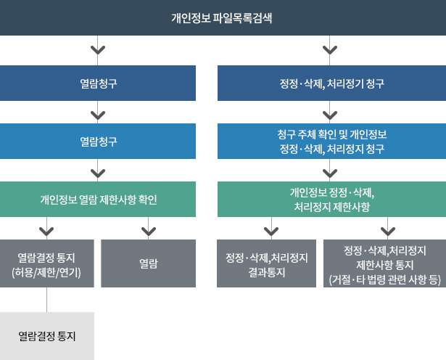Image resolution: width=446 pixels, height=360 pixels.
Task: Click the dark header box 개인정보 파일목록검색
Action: tap(223, 17)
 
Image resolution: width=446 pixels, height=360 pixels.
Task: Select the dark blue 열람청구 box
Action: tap(98, 83)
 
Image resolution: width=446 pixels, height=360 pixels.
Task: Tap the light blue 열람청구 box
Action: tap(98, 141)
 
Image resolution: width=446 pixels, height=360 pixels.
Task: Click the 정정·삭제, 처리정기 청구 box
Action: tap(331, 83)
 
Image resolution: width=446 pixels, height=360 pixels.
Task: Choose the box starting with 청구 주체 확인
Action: tap(331, 141)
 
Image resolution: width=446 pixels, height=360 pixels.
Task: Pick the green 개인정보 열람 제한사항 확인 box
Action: tap(98, 199)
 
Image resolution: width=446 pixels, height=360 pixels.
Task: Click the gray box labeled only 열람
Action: tap(148, 263)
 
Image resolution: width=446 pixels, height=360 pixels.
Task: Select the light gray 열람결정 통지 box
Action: tap(47, 336)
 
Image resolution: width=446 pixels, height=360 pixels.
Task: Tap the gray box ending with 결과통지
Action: tap(267, 263)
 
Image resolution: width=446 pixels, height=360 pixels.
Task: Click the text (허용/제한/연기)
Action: tap(46, 272)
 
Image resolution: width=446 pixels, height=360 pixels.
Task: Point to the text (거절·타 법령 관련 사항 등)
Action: tap(385, 279)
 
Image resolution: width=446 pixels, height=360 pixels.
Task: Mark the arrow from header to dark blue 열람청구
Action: tap(98, 50)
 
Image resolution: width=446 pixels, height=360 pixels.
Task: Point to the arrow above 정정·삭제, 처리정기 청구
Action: tap(330, 50)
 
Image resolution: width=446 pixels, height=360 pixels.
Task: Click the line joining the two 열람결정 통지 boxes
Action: tap(46, 300)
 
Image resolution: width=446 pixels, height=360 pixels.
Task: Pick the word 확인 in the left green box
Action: tap(148, 200)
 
